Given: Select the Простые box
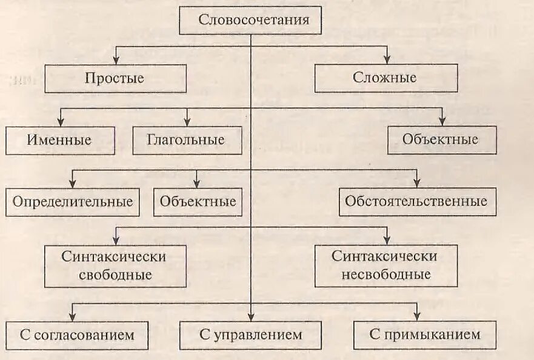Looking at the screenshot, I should tap(115, 78).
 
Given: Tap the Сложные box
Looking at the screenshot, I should tap(385, 78).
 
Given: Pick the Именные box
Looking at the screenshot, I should tap(59, 140).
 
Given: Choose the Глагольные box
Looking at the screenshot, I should tap(186, 140).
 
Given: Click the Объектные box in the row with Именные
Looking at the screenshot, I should tap(441, 140).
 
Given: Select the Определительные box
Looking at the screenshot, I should tap(72, 202).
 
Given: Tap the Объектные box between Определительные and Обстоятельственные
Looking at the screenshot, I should tap(198, 202).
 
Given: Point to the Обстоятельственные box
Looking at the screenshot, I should tap(416, 202).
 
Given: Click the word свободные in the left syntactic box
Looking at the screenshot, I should tap(115, 275).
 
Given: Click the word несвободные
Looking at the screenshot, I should tap(385, 275).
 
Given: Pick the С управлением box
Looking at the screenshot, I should tap(250, 335).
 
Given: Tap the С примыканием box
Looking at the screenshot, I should tap(424, 335).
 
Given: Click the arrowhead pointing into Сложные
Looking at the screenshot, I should tap(385, 60).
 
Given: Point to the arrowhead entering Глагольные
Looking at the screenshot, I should tap(187, 122).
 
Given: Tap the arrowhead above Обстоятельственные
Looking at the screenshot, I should tap(417, 183).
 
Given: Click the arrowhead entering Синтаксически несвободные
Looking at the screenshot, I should tap(385, 241).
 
